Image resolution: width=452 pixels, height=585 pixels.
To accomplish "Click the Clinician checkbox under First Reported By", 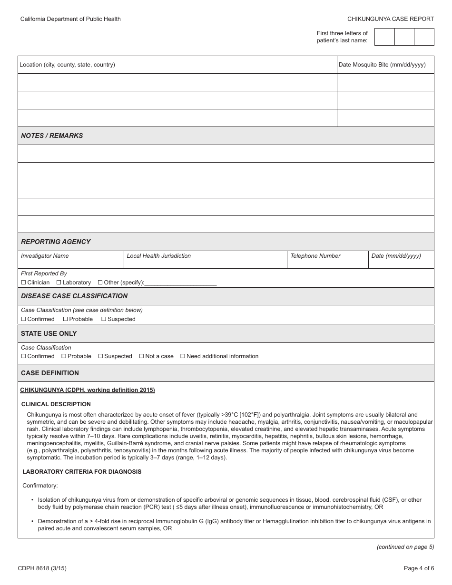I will pyautogui.click(x=23, y=283).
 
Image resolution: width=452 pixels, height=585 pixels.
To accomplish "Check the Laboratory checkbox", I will pyautogui.click(x=59, y=283).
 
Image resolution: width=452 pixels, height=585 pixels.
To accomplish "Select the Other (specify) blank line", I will pyautogui.click(x=180, y=283).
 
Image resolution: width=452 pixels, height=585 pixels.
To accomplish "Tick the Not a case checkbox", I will pyautogui.click(x=141, y=356).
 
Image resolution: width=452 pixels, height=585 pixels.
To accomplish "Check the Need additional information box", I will pyautogui.click(x=183, y=356).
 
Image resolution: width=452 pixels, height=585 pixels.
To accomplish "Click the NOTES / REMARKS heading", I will pyautogui.click(x=52, y=136).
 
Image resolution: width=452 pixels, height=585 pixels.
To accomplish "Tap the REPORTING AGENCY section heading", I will pyautogui.click(x=56, y=242).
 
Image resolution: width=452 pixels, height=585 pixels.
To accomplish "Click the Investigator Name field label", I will pyautogui.click(x=45, y=256).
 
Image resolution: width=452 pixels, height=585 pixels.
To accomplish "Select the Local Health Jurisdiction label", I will pyautogui.click(x=158, y=256).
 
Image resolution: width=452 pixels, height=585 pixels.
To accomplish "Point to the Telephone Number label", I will pyautogui.click(x=315, y=256).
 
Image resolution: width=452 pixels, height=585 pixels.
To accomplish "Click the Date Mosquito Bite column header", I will pyautogui.click(x=382, y=65).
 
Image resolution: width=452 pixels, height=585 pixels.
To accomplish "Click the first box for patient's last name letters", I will pyautogui.click(x=384, y=37).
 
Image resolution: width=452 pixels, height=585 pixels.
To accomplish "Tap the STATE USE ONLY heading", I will pyautogui.click(x=49, y=333).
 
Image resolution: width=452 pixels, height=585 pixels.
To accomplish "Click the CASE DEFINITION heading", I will pyautogui.click(x=50, y=373).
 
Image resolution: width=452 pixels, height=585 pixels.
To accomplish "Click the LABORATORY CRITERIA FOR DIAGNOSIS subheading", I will pyautogui.click(x=82, y=472).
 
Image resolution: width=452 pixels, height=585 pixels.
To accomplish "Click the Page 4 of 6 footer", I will pyautogui.click(x=419, y=568).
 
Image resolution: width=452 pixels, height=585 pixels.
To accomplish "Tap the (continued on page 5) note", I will pyautogui.click(x=405, y=547).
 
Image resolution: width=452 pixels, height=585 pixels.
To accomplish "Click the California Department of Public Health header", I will pyautogui.click(x=70, y=19).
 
